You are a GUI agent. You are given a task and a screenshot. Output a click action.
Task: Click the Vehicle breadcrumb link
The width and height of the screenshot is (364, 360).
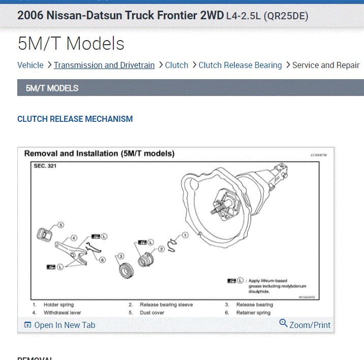[x=31, y=65]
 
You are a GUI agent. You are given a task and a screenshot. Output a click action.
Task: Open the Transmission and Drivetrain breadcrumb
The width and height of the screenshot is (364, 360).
[x=104, y=65]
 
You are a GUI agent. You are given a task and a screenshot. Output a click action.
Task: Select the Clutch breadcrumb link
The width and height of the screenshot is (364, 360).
[x=177, y=65]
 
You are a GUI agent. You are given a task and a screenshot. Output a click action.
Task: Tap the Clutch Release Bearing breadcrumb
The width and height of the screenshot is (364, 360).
[x=240, y=65]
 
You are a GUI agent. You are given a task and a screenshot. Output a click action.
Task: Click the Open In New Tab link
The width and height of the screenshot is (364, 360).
[x=65, y=325]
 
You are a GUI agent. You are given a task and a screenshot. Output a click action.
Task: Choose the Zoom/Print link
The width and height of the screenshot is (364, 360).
[x=310, y=325]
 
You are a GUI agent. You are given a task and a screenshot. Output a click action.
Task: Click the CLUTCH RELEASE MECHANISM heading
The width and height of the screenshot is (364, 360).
[x=75, y=119]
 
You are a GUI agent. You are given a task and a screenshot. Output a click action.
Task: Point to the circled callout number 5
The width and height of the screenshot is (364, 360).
[x=61, y=224]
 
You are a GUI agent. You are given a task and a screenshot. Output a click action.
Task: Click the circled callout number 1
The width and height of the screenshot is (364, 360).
[x=185, y=235]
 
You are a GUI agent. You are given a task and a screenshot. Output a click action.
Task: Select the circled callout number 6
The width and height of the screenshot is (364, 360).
[x=102, y=260]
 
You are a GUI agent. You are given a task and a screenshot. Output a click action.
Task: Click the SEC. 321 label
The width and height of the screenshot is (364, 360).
[x=45, y=166]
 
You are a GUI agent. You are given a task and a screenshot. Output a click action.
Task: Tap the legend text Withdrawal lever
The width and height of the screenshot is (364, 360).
[x=62, y=313]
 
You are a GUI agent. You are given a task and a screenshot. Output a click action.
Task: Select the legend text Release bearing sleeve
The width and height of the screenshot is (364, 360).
[x=166, y=305]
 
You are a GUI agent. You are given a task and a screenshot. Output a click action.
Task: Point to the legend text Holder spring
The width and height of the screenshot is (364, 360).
[x=58, y=305]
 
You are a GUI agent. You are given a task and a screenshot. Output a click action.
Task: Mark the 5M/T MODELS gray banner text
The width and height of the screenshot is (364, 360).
[x=52, y=88]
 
